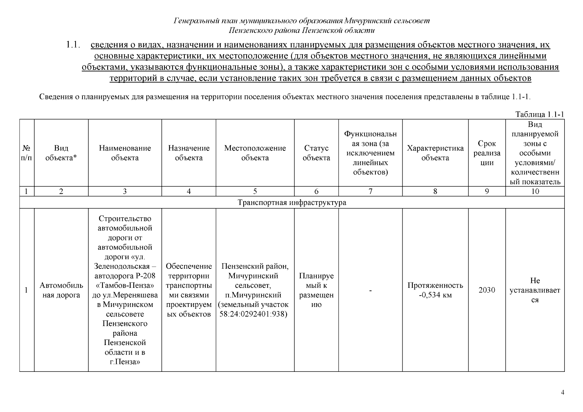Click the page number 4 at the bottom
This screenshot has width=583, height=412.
(x=562, y=392)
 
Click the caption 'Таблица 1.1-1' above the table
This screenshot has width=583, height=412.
(x=540, y=115)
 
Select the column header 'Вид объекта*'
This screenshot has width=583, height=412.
(x=61, y=153)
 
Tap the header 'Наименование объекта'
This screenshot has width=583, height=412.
(x=125, y=153)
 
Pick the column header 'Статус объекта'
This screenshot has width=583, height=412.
(x=316, y=153)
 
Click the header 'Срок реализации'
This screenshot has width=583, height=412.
(x=487, y=153)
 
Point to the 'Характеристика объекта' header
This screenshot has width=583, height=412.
(x=435, y=153)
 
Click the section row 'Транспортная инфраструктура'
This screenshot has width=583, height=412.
(x=292, y=203)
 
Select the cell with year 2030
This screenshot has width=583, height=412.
(x=487, y=290)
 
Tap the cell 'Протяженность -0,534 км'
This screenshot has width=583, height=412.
(x=435, y=290)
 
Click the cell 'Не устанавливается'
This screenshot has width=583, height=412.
(x=535, y=290)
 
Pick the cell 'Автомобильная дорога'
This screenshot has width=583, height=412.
(x=61, y=290)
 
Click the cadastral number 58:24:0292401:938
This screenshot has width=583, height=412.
(x=253, y=314)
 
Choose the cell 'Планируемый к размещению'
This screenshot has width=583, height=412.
(x=316, y=290)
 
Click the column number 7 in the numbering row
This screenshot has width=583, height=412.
(x=370, y=192)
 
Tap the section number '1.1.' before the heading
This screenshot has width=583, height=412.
(x=73, y=45)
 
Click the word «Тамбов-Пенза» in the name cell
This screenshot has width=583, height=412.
(x=125, y=286)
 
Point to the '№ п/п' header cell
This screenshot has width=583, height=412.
(x=26, y=153)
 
